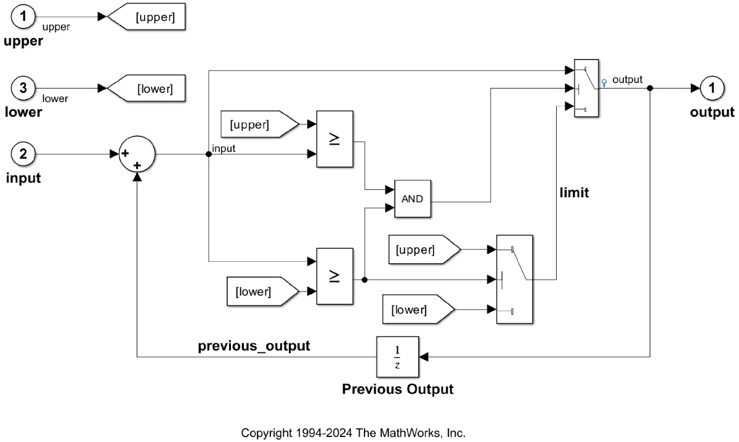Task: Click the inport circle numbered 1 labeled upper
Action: pyautogui.click(x=23, y=17)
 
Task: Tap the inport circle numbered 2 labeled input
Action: pyautogui.click(x=23, y=154)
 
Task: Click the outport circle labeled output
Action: pyautogui.click(x=712, y=88)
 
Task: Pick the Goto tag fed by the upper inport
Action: pyautogui.click(x=148, y=17)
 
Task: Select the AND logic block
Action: pyautogui.click(x=413, y=199)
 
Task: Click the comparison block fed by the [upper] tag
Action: pyautogui.click(x=334, y=140)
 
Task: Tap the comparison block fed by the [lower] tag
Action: pyautogui.click(x=334, y=276)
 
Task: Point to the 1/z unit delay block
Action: pyautogui.click(x=397, y=357)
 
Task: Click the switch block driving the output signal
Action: pyautogui.click(x=588, y=88)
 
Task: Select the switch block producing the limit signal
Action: pyautogui.click(x=514, y=279)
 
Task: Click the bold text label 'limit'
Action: pyautogui.click(x=574, y=193)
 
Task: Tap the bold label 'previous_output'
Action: pyautogui.click(x=254, y=346)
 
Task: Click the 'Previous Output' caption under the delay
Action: pyautogui.click(x=397, y=389)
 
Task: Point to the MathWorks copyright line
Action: pyautogui.click(x=353, y=433)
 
